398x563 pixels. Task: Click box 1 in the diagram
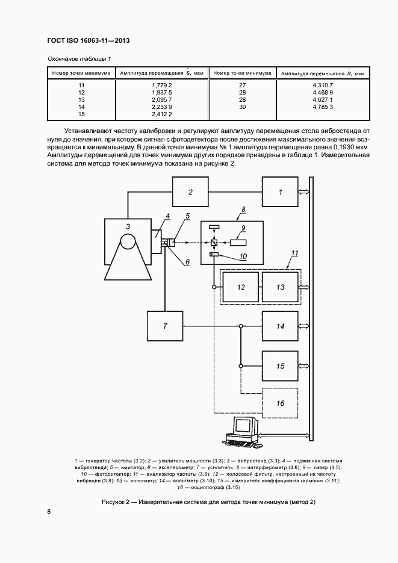tap(279, 192)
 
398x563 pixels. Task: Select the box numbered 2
tap(190, 192)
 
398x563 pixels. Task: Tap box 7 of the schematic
tap(166, 326)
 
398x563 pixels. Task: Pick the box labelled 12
tap(241, 287)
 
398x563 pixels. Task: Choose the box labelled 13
tap(280, 287)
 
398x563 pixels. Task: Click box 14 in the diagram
tap(280, 326)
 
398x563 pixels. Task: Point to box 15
tap(280, 365)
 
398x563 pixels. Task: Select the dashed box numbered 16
tap(280, 403)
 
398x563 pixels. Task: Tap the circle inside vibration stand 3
tap(128, 242)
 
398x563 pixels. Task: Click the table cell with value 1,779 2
tap(161, 86)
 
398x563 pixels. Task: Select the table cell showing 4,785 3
tap(323, 107)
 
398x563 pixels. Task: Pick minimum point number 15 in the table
tap(81, 114)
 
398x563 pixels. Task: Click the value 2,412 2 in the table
tap(161, 114)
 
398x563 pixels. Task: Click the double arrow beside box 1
tap(303, 192)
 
